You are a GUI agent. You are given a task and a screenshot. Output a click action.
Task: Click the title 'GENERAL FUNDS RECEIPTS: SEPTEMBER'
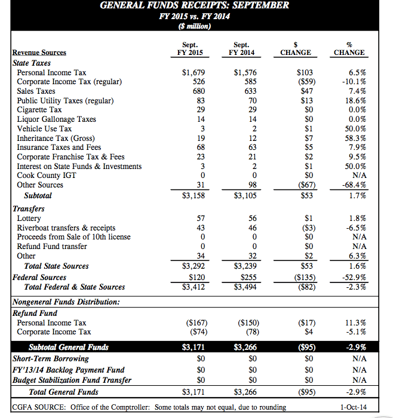(x=195, y=5)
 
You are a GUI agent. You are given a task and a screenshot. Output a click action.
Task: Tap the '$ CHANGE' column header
(x=296, y=48)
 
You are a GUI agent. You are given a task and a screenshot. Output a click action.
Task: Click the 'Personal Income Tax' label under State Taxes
(x=51, y=72)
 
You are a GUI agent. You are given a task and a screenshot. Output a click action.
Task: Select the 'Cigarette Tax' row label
(x=39, y=110)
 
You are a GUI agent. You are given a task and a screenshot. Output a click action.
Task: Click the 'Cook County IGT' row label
(x=46, y=176)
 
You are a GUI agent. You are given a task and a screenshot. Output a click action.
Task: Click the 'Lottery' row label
(x=30, y=219)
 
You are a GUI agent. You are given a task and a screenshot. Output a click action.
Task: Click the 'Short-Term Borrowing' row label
(x=51, y=359)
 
